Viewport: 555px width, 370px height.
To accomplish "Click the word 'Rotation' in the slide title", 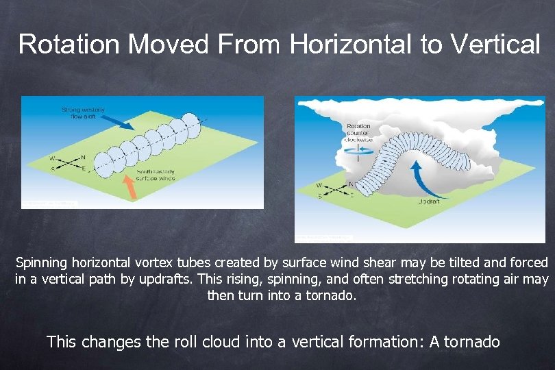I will [69, 44].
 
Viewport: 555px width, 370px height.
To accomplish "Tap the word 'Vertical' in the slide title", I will [495, 44].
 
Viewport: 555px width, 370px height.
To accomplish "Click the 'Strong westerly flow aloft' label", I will [83, 113].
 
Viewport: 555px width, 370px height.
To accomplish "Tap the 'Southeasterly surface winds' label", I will [156, 175].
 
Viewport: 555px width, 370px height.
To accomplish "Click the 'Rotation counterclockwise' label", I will [359, 132].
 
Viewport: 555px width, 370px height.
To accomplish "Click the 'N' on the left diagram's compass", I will [83, 156].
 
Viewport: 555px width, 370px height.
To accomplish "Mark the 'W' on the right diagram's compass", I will [320, 185].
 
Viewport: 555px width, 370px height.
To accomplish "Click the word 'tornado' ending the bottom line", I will [473, 341].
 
